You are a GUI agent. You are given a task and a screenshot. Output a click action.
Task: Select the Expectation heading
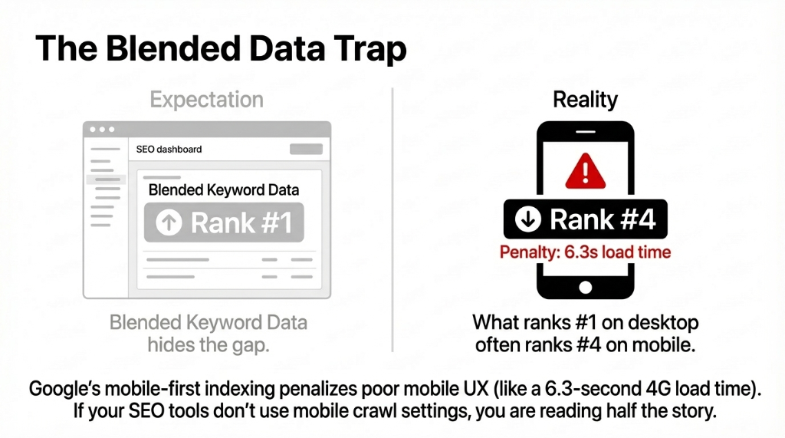click(206, 100)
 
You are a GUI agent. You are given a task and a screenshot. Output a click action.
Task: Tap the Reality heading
click(585, 100)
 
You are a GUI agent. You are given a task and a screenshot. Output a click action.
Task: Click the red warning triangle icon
click(586, 170)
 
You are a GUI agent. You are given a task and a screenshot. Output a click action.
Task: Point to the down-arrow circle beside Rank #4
click(528, 220)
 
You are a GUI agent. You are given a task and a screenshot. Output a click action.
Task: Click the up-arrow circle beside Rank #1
click(168, 222)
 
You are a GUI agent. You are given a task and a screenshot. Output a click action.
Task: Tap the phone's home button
click(586, 287)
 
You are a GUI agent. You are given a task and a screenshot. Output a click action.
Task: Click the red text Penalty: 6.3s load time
click(585, 252)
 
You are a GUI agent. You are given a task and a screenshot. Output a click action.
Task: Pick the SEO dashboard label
click(169, 149)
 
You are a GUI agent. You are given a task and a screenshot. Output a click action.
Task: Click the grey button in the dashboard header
click(306, 149)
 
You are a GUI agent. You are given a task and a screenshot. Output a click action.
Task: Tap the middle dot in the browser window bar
click(102, 130)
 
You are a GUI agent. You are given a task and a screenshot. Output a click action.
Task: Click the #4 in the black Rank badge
click(635, 220)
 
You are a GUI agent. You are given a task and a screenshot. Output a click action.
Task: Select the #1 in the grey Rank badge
click(274, 222)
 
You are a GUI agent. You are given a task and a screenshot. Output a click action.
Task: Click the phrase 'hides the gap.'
click(208, 345)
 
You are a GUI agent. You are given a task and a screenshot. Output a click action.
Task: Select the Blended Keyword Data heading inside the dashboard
click(223, 189)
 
